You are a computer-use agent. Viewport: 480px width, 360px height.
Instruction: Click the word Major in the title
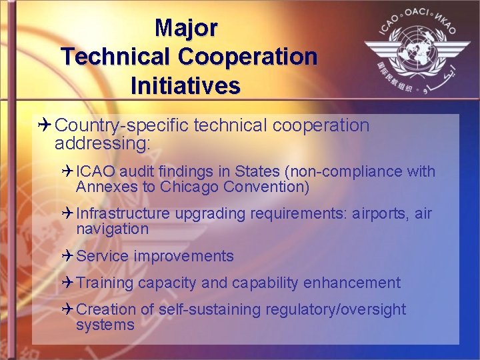[x=186, y=28]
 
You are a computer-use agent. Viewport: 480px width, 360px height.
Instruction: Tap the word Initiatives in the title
[x=186, y=86]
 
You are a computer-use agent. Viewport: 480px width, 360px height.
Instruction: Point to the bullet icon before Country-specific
[x=45, y=125]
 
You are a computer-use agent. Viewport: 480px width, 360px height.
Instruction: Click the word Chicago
[x=191, y=187]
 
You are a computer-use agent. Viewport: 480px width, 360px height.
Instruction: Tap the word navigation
[x=112, y=229]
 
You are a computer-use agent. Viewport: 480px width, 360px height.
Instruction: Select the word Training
[x=105, y=283]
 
